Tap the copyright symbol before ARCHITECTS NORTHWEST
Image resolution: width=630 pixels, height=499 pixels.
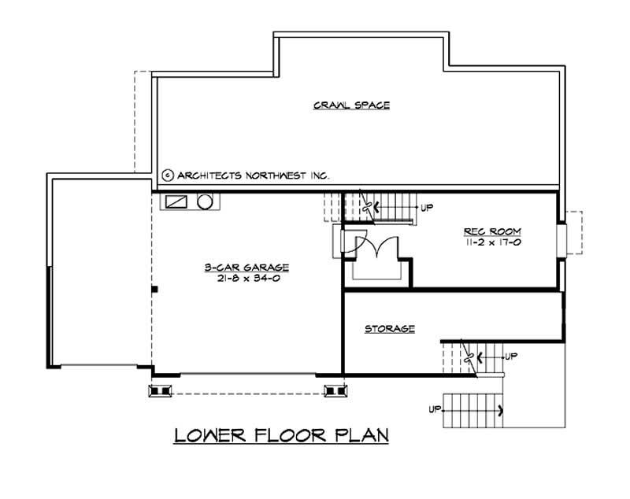click(167, 176)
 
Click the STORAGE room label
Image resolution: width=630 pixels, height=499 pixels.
click(389, 328)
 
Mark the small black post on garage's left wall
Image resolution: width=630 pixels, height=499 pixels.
click(156, 290)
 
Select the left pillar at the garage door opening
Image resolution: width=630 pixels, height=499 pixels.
click(161, 389)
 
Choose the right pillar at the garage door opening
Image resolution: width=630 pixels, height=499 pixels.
click(334, 389)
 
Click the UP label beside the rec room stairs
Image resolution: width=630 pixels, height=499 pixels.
click(428, 208)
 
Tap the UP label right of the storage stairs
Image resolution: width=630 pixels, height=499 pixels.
click(511, 356)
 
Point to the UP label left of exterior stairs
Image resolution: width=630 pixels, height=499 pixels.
click(434, 409)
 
